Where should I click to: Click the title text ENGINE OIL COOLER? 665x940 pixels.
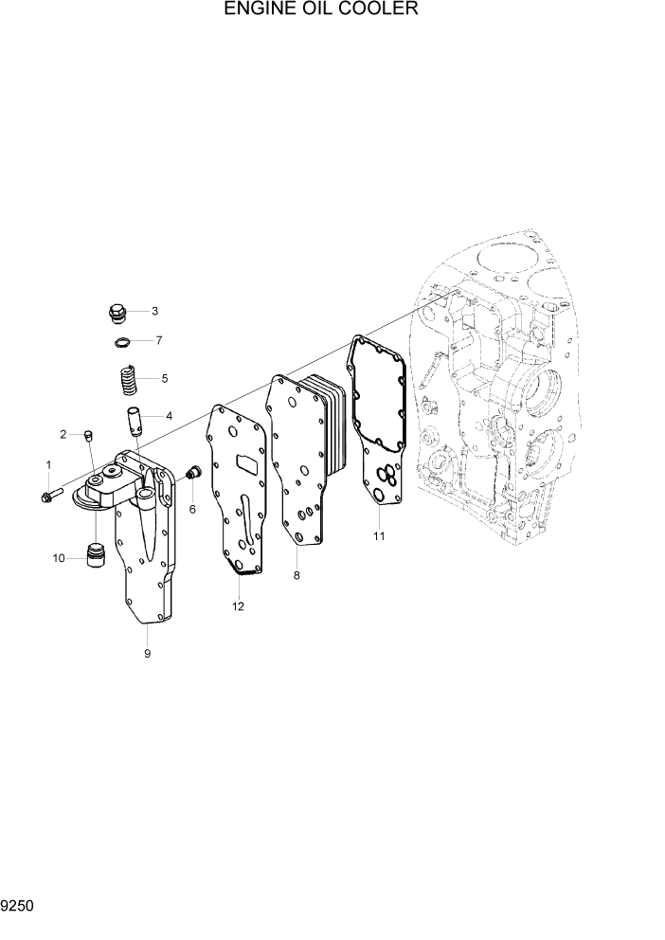coord(306,10)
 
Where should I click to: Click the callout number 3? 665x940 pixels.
coord(154,311)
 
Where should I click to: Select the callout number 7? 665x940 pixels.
coord(158,340)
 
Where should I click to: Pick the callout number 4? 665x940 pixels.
coord(169,415)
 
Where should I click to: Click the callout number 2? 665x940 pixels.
coord(63,434)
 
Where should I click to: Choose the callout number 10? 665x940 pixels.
coord(59,558)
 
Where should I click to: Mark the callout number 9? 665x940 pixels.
coord(147,653)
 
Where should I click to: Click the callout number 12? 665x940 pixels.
coord(238,606)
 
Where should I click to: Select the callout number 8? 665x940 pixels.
coord(297,575)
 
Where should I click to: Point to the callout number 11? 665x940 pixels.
coord(378,536)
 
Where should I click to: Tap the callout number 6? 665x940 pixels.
coord(191,509)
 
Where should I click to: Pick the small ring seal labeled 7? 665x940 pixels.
coord(121,341)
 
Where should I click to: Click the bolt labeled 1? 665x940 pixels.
coord(53,495)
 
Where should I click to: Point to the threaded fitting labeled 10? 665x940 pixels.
coord(93,556)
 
